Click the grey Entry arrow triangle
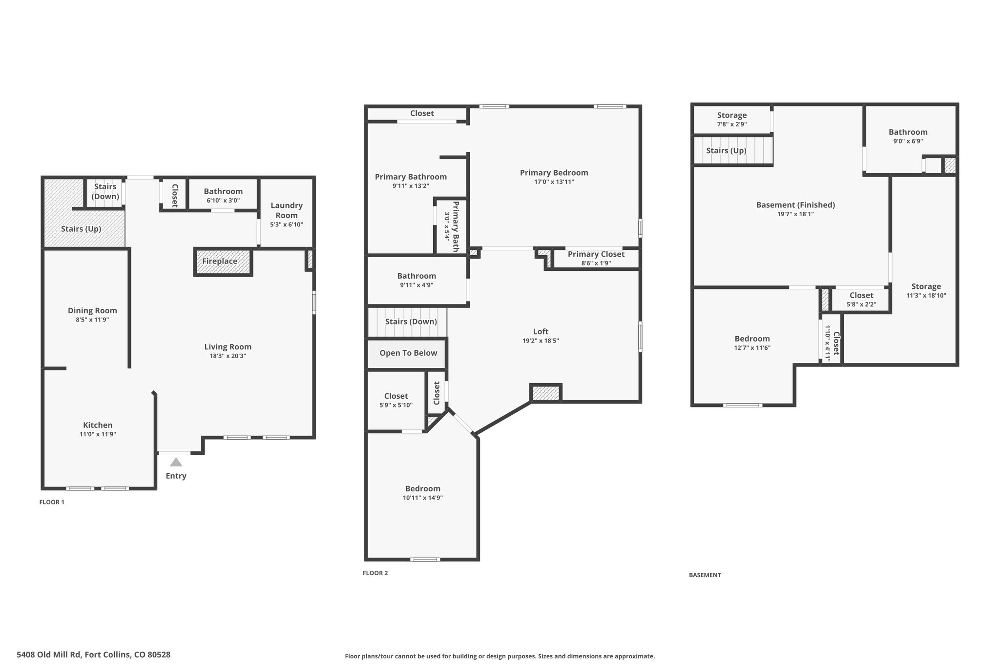tap(176, 462)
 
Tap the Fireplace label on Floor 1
tap(220, 261)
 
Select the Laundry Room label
tap(287, 210)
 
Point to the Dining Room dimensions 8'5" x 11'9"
tap(92, 320)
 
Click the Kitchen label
tap(98, 425)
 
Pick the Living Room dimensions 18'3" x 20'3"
tap(228, 356)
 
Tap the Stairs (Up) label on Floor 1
tap(81, 229)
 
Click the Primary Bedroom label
tap(554, 172)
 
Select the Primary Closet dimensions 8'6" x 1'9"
tap(596, 263)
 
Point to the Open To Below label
tap(408, 353)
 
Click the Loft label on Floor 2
tap(541, 331)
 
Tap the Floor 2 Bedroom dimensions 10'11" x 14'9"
tap(423, 498)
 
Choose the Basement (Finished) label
tap(795, 205)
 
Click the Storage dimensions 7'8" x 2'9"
tap(732, 124)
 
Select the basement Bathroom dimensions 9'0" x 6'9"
tap(908, 141)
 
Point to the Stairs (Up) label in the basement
tap(726, 150)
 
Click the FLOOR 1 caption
tap(52, 502)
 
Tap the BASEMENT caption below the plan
tap(705, 575)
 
